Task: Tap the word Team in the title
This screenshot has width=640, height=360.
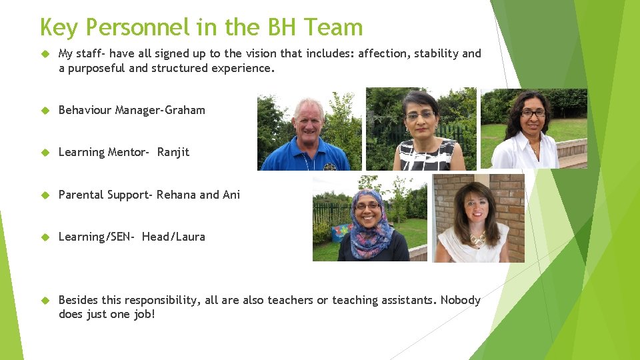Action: (x=333, y=28)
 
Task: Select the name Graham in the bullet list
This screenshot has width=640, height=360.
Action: (x=185, y=110)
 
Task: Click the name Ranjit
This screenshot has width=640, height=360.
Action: (x=173, y=152)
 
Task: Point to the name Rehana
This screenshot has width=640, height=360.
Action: (x=176, y=195)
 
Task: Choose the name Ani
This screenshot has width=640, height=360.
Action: (x=231, y=195)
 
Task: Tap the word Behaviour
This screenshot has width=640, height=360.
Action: (x=85, y=110)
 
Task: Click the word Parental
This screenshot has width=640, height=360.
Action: (x=81, y=195)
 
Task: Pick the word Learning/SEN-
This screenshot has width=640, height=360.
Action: (x=97, y=237)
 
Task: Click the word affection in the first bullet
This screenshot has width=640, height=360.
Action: (x=383, y=53)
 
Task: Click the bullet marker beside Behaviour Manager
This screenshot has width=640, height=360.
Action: (x=46, y=110)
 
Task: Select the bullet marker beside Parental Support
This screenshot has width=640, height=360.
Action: (x=46, y=195)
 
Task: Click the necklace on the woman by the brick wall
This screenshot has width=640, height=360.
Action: (x=477, y=237)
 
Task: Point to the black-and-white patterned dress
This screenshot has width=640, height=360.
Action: (x=427, y=155)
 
